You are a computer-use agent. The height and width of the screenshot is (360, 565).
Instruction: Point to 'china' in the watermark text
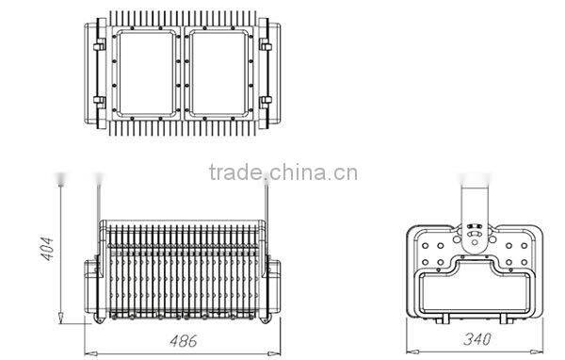(300, 172)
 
